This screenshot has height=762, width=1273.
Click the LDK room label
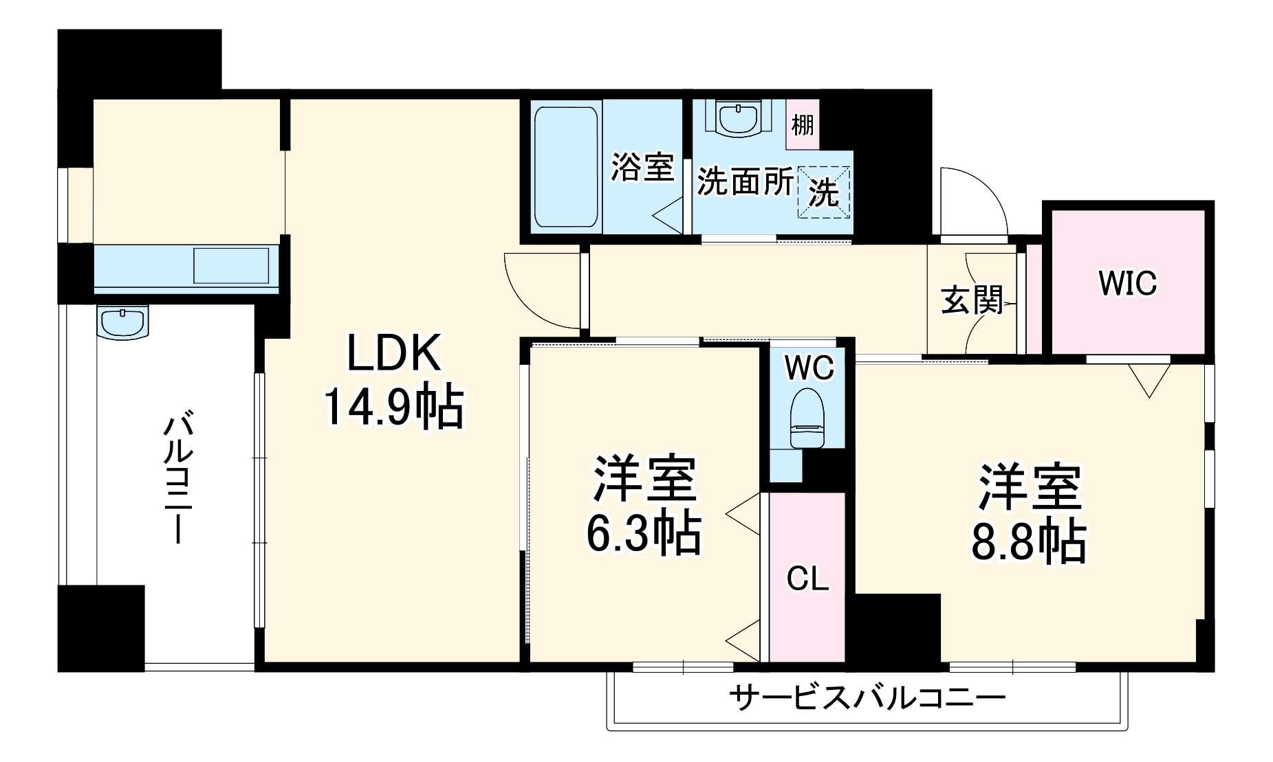393,355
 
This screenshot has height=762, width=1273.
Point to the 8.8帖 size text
1028,542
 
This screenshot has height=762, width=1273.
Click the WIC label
1127,283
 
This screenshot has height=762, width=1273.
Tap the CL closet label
807,579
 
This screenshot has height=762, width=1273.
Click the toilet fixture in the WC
807,418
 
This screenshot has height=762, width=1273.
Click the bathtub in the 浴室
565,166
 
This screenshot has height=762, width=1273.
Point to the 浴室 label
642,166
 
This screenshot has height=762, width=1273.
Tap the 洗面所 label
745,181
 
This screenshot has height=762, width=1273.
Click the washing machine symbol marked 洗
823,193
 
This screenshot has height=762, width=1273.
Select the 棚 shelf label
802,125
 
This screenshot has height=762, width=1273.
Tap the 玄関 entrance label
972,300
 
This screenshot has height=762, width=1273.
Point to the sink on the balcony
123,322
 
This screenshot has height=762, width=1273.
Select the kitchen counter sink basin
230,265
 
